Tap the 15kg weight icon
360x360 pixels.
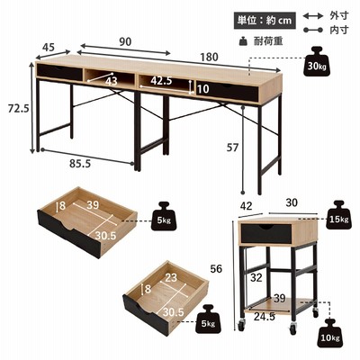pos(338,215)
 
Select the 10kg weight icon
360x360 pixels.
pos(330,334)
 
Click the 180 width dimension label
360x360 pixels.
pos(209,57)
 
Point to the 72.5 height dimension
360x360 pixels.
pos(19,109)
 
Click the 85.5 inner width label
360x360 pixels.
pos(80,164)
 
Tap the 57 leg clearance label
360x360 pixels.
pos(232,148)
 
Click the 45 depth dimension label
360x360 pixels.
pos(49,48)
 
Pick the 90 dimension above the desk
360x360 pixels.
pos(125,41)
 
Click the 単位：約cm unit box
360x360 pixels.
pos(265,20)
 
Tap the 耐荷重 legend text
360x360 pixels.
pos(268,40)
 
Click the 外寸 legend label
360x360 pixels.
pos(339,15)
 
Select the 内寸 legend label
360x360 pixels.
pos(339,30)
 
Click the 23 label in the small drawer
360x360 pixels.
pos(171,278)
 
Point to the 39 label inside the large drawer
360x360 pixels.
pos(93,205)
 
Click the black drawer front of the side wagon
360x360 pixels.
pos(266,233)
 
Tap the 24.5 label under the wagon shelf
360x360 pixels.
pos(265,317)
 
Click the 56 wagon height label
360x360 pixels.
pos(216,269)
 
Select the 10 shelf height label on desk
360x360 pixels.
pos(203,89)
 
